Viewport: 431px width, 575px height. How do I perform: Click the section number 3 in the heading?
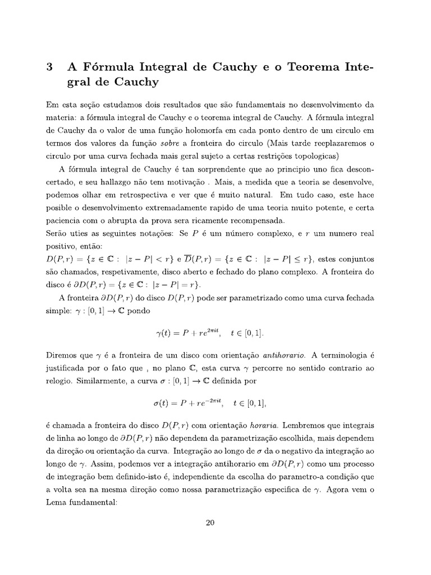click(x=49, y=67)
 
